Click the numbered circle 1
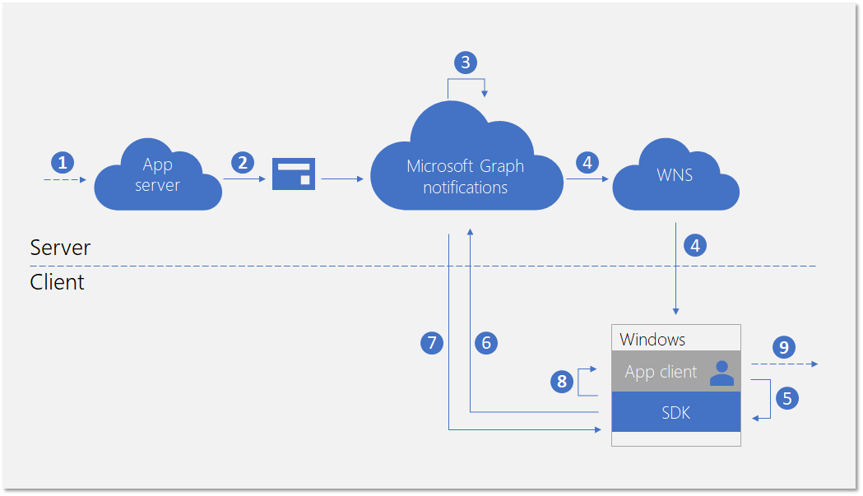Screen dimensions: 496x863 coord(63,161)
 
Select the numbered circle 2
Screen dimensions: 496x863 coord(242,162)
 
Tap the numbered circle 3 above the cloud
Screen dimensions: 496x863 coord(466,63)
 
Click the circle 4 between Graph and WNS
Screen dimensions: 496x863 coord(587,162)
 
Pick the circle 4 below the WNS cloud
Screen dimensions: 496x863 coord(695,245)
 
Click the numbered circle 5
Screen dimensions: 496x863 coord(787,398)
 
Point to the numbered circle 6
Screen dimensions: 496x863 coord(486,343)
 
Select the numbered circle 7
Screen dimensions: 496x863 coord(431,343)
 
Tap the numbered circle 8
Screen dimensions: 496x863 coord(562,381)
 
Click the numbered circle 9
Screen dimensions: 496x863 coord(783,347)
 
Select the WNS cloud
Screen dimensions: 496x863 coord(675,175)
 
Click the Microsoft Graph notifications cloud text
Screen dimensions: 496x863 coord(465,176)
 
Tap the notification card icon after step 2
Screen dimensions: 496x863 coord(294,174)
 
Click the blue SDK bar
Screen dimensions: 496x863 coord(676,412)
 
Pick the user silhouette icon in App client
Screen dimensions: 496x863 coord(721,373)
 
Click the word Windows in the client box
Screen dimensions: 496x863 coord(652,339)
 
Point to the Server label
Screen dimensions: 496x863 coord(60,248)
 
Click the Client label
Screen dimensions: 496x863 coord(57,282)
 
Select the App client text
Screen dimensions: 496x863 coord(661,372)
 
